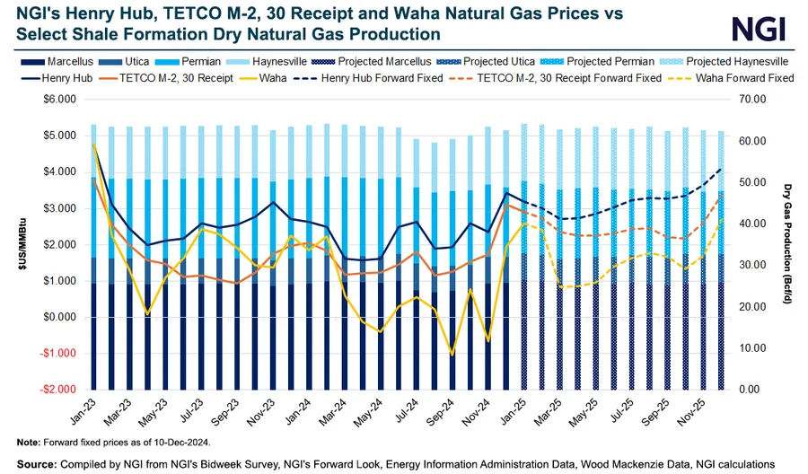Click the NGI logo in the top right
point(760,30)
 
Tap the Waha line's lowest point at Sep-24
point(452,354)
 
